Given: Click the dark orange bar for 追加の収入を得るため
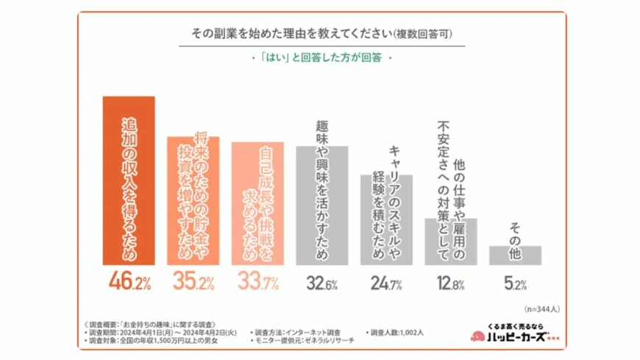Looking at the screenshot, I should point(128,180).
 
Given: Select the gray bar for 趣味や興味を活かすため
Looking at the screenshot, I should point(321,205).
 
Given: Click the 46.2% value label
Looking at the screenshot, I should point(128,281).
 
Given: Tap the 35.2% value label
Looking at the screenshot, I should point(193,281).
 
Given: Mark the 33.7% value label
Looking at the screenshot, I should point(257,281).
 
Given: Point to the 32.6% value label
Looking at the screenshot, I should point(321,281).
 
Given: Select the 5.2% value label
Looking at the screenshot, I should point(515,281).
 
